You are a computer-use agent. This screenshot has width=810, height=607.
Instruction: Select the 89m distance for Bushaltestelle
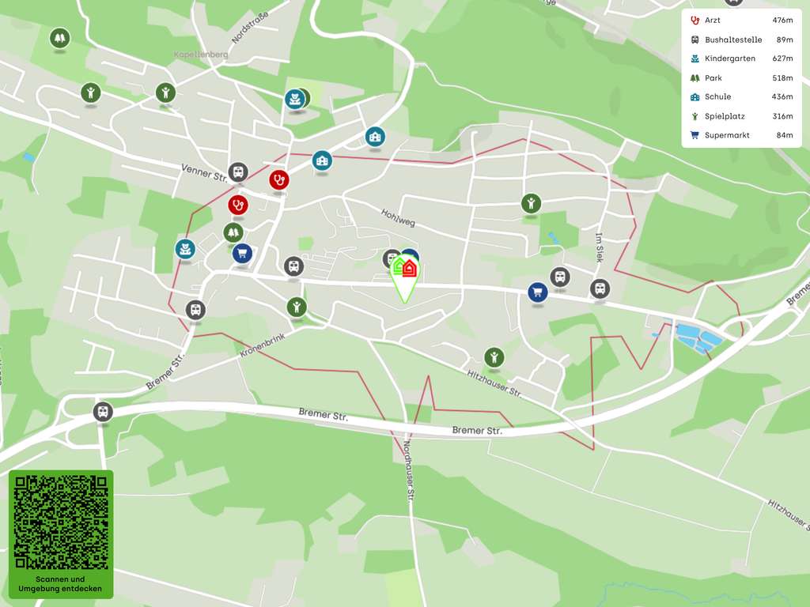(784, 40)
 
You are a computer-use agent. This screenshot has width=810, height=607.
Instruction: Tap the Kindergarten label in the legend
(729, 58)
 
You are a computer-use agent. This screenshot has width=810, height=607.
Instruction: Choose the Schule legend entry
(717, 97)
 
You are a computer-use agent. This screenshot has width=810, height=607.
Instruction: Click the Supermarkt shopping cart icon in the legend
(695, 135)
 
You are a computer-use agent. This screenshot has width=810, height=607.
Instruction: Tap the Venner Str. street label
(204, 172)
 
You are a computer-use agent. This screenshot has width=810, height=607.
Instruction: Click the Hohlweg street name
(398, 217)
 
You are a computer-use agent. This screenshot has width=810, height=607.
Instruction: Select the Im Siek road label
(600, 247)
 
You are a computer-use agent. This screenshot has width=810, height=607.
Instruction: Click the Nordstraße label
(250, 27)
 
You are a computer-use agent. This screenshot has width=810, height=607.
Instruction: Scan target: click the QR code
(61, 522)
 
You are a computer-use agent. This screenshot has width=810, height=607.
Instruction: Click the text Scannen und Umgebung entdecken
(61, 584)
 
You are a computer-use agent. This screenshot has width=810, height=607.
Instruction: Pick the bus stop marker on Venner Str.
(237, 172)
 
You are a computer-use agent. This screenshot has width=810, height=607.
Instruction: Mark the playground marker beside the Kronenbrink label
(296, 307)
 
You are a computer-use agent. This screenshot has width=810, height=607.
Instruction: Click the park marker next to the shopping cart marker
(233, 232)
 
